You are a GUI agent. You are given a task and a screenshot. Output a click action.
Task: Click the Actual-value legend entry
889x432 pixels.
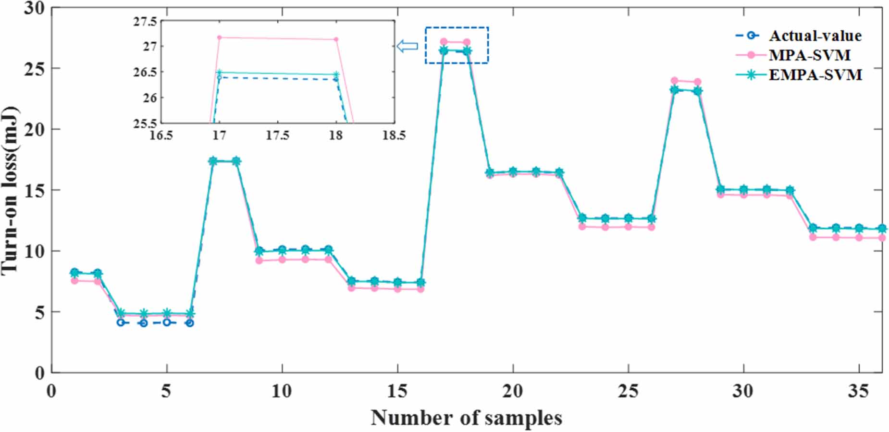[815, 36]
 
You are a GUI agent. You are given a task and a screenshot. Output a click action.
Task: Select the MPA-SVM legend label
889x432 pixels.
[809, 55]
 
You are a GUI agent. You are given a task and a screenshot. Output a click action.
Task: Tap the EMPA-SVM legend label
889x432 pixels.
[815, 75]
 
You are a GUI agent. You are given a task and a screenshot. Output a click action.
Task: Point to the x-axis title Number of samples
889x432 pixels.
[466, 418]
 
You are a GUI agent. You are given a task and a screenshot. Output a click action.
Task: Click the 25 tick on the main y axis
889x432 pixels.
[35, 69]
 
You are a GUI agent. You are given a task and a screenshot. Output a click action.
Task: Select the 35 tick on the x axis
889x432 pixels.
[858, 392]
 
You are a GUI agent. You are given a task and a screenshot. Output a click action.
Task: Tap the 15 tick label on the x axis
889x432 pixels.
[397, 392]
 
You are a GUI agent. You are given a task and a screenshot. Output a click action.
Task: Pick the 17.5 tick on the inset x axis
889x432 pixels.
[278, 135]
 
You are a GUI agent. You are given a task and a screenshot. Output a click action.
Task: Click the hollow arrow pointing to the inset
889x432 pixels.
[407, 46]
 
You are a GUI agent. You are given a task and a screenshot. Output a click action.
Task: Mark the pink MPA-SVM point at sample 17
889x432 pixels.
[444, 42]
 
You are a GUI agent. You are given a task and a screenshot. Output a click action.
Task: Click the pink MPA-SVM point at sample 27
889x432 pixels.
[674, 81]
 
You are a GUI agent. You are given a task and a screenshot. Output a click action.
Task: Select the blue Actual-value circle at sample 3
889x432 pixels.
[121, 322]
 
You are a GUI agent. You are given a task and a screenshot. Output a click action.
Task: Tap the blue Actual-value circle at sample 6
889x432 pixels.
[190, 323]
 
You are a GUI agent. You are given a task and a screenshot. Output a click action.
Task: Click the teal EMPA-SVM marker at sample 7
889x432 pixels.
[213, 161]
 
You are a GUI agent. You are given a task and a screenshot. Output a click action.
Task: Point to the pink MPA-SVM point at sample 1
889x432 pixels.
[74, 281]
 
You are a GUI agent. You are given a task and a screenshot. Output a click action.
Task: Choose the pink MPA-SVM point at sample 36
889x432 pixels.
[882, 238]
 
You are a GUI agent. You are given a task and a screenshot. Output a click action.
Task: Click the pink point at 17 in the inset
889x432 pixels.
[220, 37]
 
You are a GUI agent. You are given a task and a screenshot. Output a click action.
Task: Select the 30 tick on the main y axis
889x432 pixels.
[35, 8]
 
